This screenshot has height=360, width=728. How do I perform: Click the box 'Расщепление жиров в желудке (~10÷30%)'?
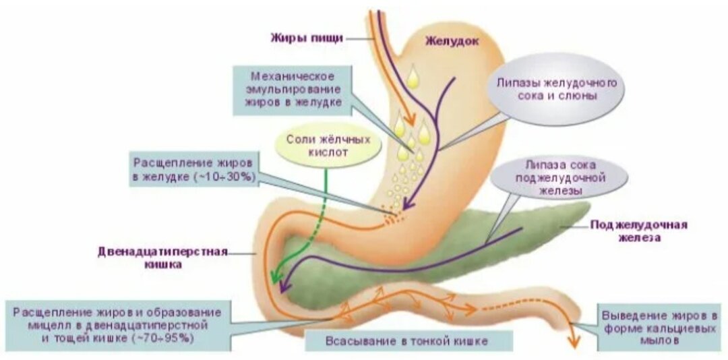(x=193, y=171)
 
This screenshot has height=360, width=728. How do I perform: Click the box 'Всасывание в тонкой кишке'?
(x=407, y=340)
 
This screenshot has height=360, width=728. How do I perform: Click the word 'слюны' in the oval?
(x=582, y=96)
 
